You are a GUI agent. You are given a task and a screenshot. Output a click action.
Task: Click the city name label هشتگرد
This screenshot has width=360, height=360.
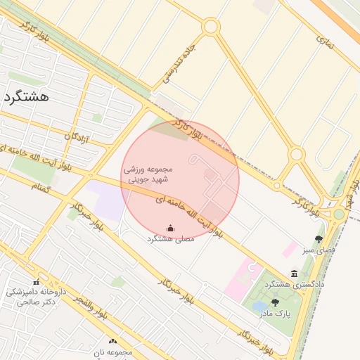26,97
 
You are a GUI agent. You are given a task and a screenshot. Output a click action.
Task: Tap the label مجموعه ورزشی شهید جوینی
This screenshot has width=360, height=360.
148,174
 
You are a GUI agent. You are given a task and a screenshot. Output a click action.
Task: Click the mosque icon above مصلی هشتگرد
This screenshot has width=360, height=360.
170,227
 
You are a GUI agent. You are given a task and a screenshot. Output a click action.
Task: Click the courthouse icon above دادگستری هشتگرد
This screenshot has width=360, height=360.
293,274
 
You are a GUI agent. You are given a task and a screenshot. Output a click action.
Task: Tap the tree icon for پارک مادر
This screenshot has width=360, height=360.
275,302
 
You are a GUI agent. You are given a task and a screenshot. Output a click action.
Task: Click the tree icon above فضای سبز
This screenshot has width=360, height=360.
319,239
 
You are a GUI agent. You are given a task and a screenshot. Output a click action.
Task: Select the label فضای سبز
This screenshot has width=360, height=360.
319,250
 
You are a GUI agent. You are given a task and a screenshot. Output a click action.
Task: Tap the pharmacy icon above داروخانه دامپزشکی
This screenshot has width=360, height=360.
36,281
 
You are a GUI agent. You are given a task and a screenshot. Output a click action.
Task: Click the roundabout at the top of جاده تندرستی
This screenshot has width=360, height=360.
210,27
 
